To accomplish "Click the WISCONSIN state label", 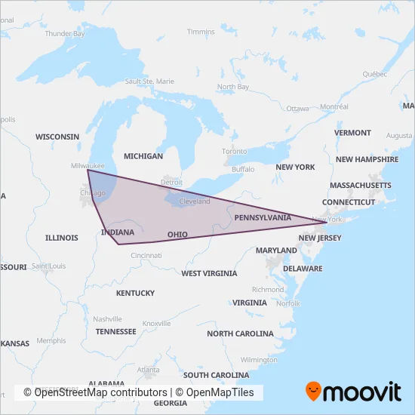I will pos(57,137).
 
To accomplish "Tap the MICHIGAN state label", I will pos(143,156).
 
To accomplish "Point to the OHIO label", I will pos(177,235).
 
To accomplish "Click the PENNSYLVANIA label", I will pos(263,217).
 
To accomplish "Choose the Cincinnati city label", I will pos(146,256).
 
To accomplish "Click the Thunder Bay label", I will pos(65,34).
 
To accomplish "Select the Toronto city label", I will pos(234,152).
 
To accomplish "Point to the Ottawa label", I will pos(297,109).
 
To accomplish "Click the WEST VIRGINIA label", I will pos(209,273).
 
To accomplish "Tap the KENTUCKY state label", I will pos(136,293).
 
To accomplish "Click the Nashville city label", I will pos(108,319).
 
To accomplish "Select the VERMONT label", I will pos(353,133).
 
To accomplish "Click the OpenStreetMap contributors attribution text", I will pos(95,392).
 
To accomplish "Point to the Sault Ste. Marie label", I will pos(149,81).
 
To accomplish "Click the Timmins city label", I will pos(201,32).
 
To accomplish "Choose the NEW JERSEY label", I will pos(320,238).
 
